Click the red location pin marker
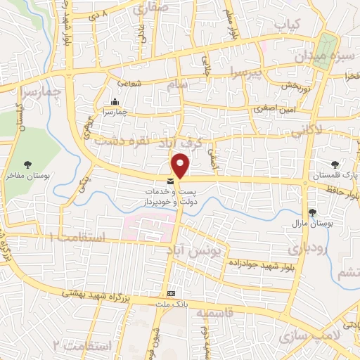click(181, 165)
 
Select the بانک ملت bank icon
click(170, 292)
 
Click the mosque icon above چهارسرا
click(115, 101)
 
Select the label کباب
click(288, 25)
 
